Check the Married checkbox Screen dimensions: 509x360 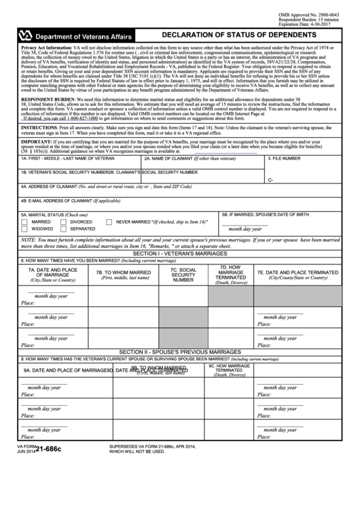[25, 222]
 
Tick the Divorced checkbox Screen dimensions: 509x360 [64, 222]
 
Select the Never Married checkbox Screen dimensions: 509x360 [110, 222]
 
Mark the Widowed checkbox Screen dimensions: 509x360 [25, 229]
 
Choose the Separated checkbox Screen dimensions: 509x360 [64, 229]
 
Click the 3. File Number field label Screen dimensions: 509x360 [284, 158]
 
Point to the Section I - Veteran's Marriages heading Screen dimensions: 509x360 [180, 253]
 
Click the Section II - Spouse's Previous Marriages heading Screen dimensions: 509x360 [180, 351]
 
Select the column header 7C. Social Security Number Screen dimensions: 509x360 [183, 275]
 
